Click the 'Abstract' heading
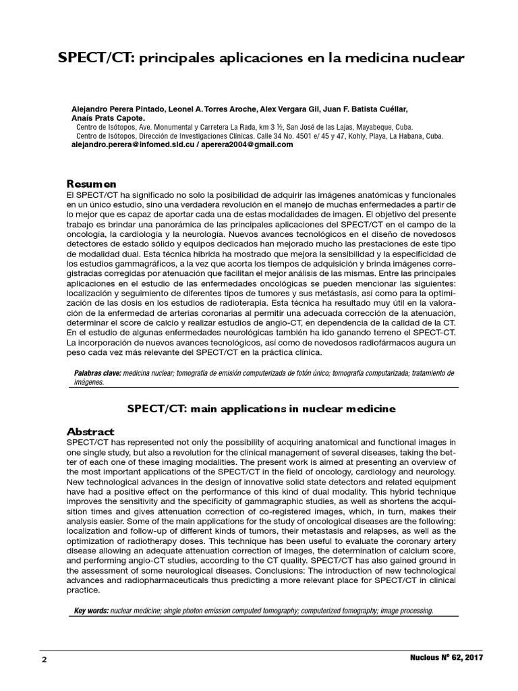(x=90, y=431)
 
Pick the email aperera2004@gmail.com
(x=246, y=144)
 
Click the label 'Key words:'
(x=90, y=611)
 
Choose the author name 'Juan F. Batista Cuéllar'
(x=365, y=109)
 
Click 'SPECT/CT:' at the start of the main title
(x=95, y=59)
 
